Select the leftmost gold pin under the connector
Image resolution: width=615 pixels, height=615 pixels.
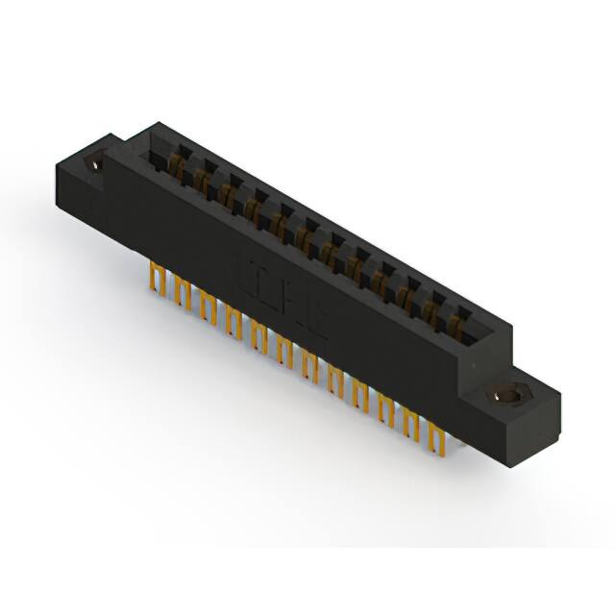(x=155, y=280)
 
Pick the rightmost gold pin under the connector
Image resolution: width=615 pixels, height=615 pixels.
(x=440, y=441)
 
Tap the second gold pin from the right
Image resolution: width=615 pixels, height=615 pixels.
(x=414, y=426)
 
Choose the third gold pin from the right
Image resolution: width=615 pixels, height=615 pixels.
(x=388, y=411)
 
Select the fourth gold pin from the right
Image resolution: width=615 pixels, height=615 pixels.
(x=362, y=396)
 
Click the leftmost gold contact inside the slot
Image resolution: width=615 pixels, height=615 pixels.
(x=177, y=165)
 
